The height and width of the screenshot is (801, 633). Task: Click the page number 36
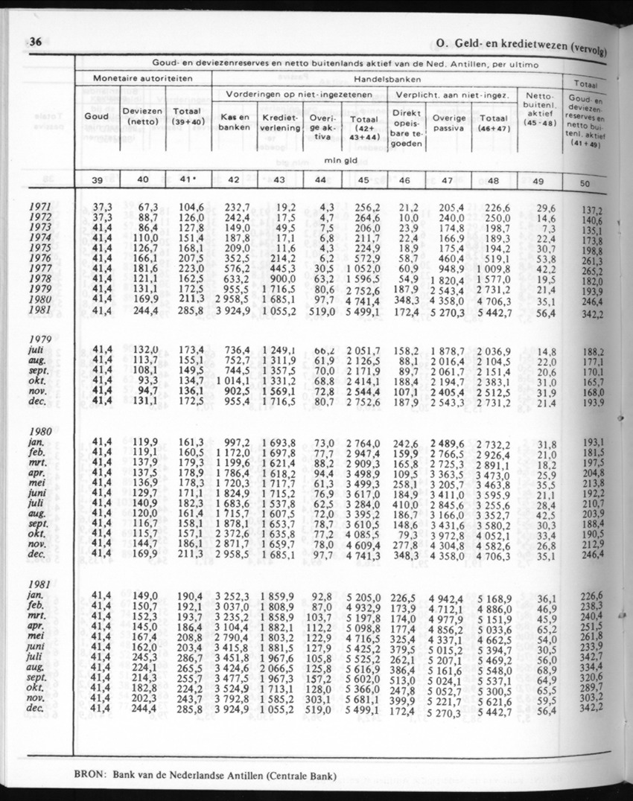pos(34,42)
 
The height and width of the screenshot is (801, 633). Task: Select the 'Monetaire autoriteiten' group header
pos(143,78)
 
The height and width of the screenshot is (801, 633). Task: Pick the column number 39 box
pos(97,179)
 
